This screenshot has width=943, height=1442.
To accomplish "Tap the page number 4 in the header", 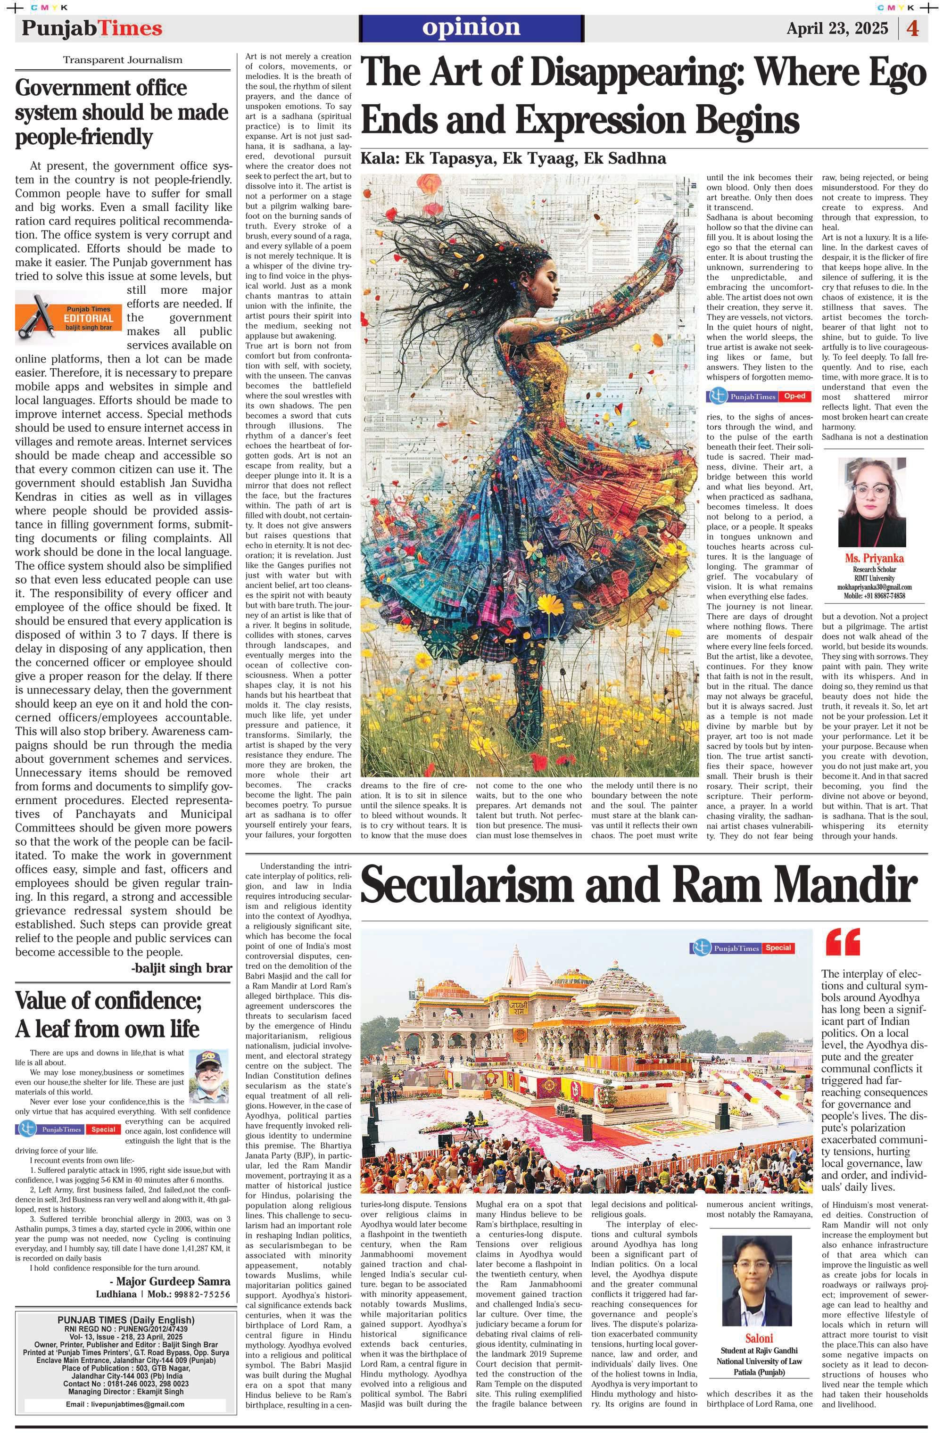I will pyautogui.click(x=913, y=28).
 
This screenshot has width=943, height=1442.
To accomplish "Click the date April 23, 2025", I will pyautogui.click(x=837, y=28).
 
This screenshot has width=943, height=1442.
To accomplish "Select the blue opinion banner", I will pyautogui.click(x=471, y=28).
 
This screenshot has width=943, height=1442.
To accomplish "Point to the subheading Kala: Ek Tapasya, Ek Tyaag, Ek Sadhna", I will pyautogui.click(x=513, y=159).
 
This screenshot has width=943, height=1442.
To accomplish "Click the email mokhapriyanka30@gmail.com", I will pyautogui.click(x=874, y=586).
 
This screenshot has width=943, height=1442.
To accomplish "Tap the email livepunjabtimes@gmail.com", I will pyautogui.click(x=125, y=1403).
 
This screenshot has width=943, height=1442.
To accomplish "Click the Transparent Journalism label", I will pyautogui.click(x=123, y=60).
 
